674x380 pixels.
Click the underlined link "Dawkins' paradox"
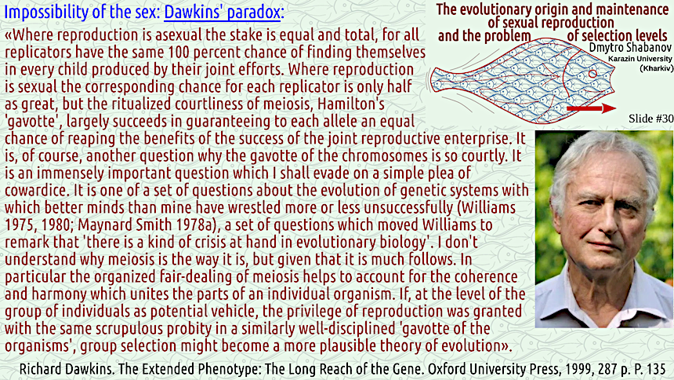tap(223, 13)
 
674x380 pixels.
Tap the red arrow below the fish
tap(592, 108)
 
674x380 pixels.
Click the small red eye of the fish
tap(592, 74)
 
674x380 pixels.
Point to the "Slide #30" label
tap(650, 119)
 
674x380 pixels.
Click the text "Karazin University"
tap(640, 59)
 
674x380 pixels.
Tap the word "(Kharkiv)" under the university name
tap(656, 68)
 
